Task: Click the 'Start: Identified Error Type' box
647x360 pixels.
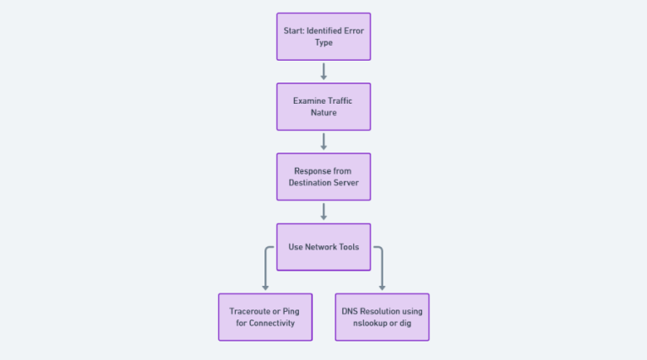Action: (x=323, y=36)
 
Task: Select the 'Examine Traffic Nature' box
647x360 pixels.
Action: (x=323, y=106)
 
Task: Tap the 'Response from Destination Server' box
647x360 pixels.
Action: (x=323, y=176)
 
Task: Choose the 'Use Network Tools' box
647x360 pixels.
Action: (x=323, y=246)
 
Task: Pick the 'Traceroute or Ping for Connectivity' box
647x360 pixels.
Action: (x=265, y=317)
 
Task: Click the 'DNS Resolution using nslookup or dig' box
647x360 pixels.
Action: (x=382, y=317)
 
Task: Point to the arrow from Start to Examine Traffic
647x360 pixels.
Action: (x=323, y=71)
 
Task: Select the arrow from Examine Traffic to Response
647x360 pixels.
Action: (x=323, y=141)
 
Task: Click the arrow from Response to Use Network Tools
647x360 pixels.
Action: (x=323, y=211)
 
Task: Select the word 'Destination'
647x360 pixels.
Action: (x=313, y=182)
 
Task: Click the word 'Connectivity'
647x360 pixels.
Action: (x=273, y=323)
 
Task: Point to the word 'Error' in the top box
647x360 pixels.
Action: (x=352, y=31)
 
